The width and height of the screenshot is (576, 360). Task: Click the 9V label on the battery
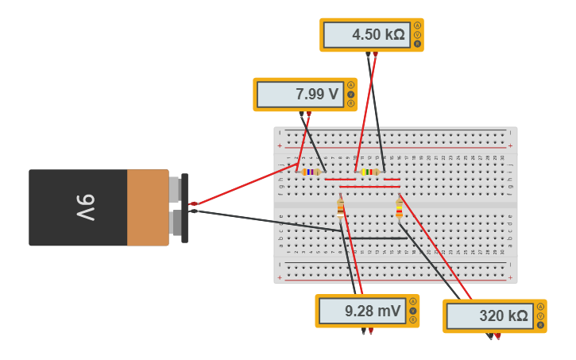coord(85,207)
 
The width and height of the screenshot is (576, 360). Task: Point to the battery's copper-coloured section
coord(148,207)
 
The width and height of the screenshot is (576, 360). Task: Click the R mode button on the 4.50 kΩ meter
coord(418,45)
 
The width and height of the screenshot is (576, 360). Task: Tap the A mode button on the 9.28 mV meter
coord(413,301)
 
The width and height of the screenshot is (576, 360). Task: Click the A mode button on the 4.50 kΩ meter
coord(418,25)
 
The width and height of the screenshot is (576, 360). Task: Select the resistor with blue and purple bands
coord(311,172)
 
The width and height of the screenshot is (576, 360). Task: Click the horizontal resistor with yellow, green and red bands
coord(369,172)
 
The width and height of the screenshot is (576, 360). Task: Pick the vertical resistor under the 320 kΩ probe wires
coord(399,209)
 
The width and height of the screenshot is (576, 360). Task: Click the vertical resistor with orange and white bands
coord(341,208)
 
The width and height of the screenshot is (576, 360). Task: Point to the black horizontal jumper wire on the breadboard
coord(378,238)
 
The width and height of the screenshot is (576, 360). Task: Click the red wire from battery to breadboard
coord(242,184)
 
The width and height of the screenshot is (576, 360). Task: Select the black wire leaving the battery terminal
coord(262,220)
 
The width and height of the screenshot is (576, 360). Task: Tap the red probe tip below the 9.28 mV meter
coord(370,331)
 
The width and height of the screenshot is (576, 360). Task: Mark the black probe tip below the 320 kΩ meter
coord(489,336)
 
